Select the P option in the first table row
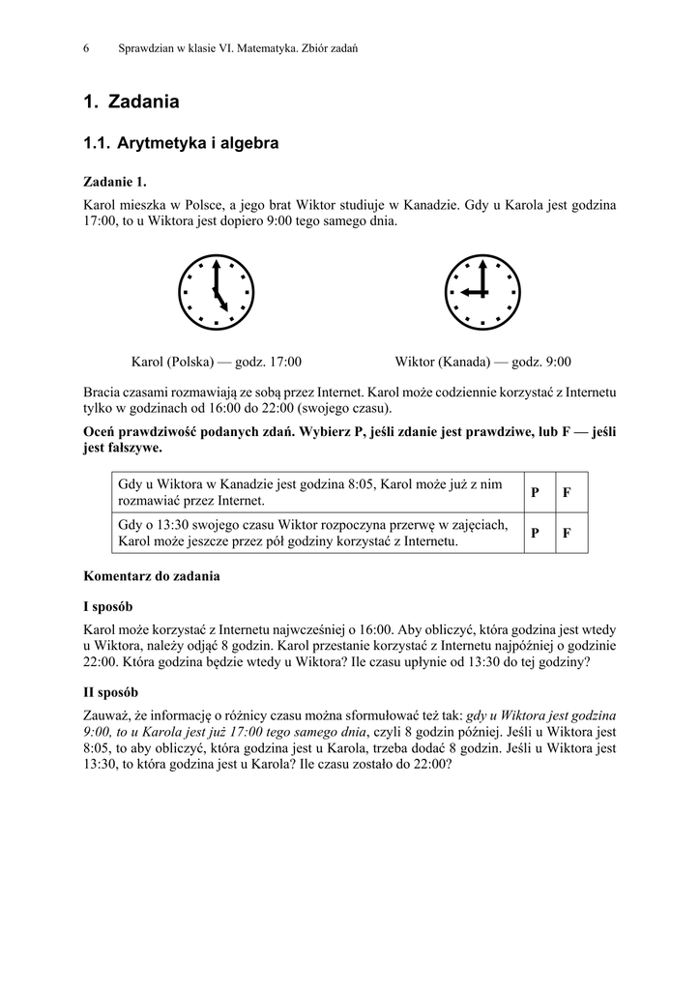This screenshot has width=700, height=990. pyautogui.click(x=535, y=493)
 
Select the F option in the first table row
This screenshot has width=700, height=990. pyautogui.click(x=568, y=493)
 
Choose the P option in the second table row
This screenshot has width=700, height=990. pyautogui.click(x=535, y=534)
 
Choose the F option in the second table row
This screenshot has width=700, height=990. pyautogui.click(x=568, y=534)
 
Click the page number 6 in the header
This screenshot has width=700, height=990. pyautogui.click(x=87, y=47)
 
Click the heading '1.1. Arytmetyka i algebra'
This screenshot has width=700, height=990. pyautogui.click(x=181, y=144)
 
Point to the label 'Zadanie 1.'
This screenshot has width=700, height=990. pyautogui.click(x=115, y=182)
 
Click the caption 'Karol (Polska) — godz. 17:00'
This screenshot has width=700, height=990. pyautogui.click(x=217, y=363)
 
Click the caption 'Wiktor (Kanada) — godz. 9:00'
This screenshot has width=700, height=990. pyautogui.click(x=482, y=363)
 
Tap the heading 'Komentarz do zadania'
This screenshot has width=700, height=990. pyautogui.click(x=152, y=576)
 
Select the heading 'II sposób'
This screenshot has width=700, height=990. pyautogui.click(x=113, y=692)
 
